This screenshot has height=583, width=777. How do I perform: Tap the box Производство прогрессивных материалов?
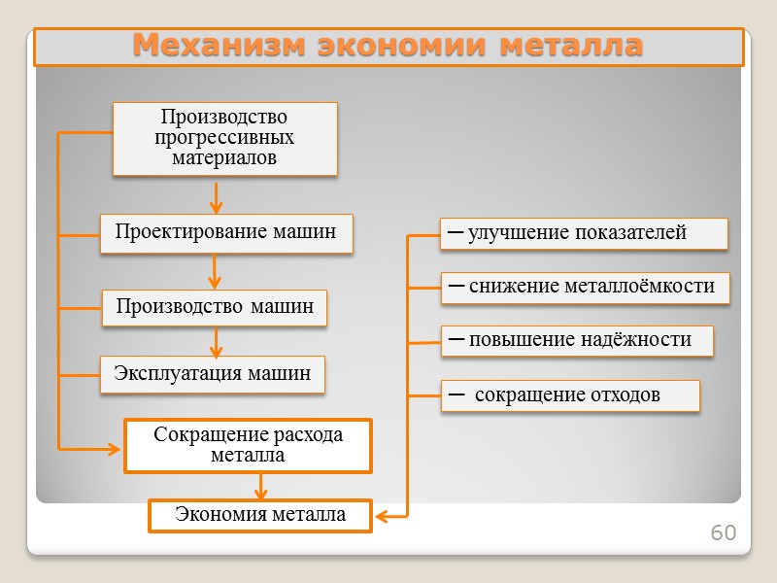pos(224,138)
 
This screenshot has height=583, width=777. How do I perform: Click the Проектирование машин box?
pos(225,232)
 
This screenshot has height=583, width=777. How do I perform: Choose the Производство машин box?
pos(215,307)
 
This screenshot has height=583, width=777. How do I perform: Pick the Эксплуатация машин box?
pos(212,373)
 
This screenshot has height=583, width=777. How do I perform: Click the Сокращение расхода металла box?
pos(248,445)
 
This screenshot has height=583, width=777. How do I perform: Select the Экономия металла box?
pos(259,515)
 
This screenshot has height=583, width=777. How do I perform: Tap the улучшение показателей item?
pos(584,233)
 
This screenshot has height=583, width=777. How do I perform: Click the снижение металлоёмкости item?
pos(585,287)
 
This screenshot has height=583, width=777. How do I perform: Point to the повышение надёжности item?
pos(577,340)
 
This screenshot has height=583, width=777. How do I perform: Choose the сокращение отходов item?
pos(570,395)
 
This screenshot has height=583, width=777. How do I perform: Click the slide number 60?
pos(724,533)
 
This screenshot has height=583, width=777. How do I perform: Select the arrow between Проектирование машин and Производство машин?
pos(217,272)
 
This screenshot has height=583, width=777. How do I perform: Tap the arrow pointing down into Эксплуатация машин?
pos(217,342)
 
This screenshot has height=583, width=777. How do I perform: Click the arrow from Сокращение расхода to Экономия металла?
pos(260,486)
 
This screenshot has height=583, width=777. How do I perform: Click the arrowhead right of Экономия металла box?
pos(382,516)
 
